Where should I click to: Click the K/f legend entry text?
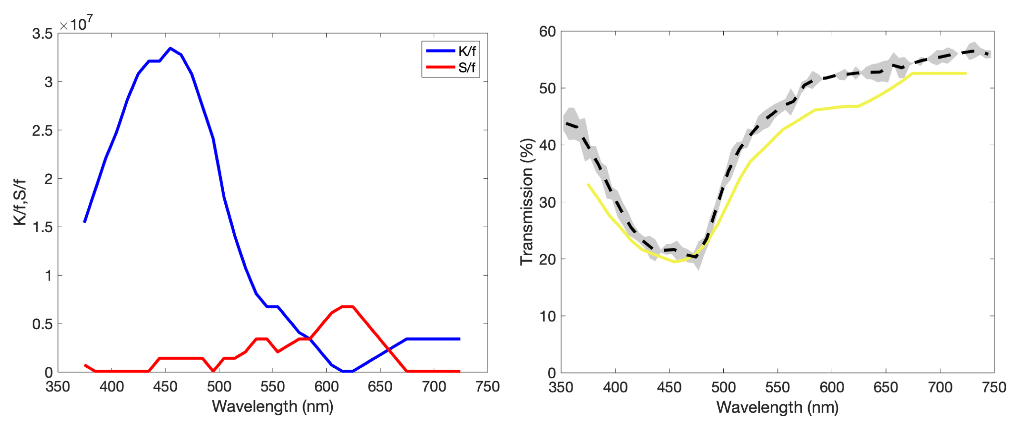coord(467,51)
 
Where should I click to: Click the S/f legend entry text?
coord(467,67)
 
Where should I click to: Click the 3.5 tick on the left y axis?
coord(42,34)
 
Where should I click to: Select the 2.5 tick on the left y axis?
coord(42,131)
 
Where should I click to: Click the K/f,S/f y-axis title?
coord(19,202)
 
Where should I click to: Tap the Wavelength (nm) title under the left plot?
coord(272,406)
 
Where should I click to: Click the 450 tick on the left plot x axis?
coord(165,386)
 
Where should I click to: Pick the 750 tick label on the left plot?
coord(487,386)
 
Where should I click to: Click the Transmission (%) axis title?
coord(527,202)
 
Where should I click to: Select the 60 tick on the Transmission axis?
coord(547,32)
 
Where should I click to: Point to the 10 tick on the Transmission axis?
coord(547,316)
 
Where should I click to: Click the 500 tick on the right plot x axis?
coord(723,387)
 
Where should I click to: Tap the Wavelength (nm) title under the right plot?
coord(777,407)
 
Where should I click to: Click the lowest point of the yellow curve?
coord(674,262)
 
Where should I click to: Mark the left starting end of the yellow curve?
coord(588,184)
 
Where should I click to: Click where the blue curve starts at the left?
coord(84,222)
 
